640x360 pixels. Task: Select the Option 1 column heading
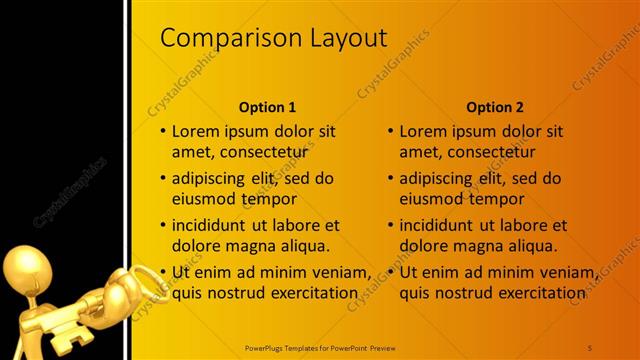click(x=267, y=107)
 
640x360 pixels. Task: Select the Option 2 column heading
click(x=495, y=107)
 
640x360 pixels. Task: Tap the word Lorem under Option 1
click(x=195, y=131)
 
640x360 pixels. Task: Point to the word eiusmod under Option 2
click(x=429, y=199)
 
